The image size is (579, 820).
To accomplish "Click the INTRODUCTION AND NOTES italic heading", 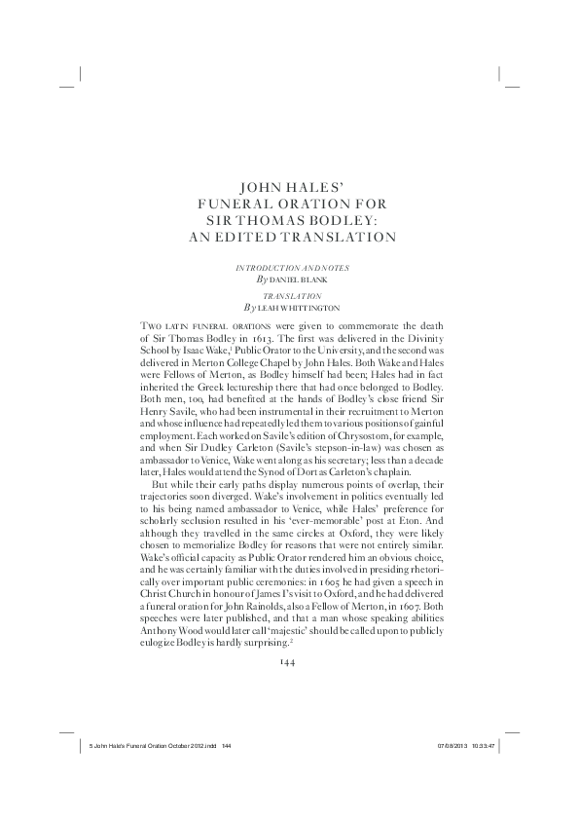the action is click(289, 266).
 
